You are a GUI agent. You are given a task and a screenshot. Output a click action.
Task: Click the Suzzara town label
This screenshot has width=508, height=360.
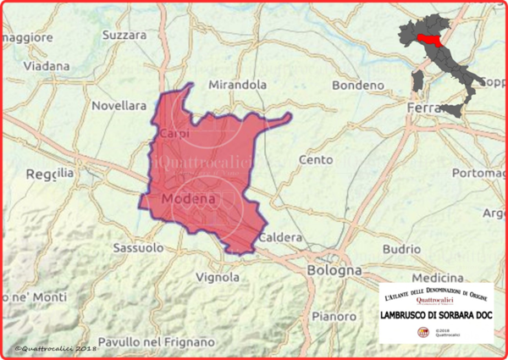124,36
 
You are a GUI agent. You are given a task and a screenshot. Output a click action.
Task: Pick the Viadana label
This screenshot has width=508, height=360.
47,65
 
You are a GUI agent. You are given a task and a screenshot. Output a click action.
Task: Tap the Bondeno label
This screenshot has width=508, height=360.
358,86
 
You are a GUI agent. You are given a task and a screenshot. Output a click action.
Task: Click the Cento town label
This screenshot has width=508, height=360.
315,159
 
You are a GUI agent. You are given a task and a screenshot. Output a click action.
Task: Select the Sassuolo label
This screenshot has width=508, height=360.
137,248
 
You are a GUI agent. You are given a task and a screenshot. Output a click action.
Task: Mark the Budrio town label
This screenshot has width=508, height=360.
400,249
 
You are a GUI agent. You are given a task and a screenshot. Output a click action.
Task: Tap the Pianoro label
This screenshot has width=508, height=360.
334,316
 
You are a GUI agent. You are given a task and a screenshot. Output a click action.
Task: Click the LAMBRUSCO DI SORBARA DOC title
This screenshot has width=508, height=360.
435,315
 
